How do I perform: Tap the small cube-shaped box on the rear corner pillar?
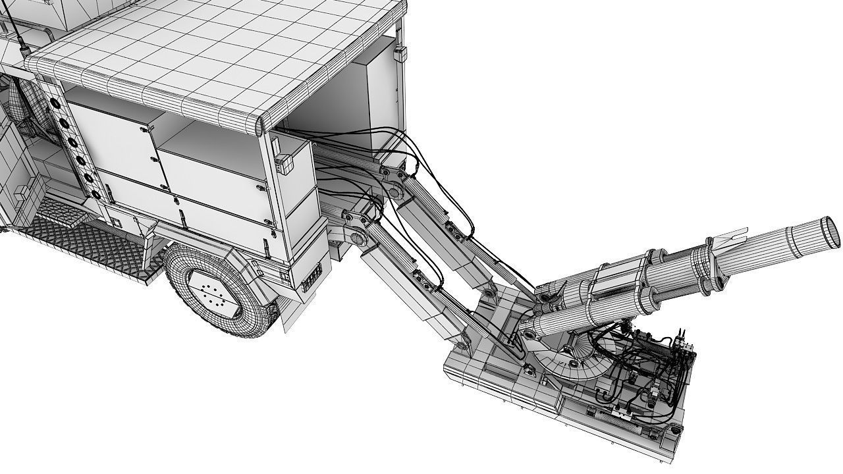pos(285,164)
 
